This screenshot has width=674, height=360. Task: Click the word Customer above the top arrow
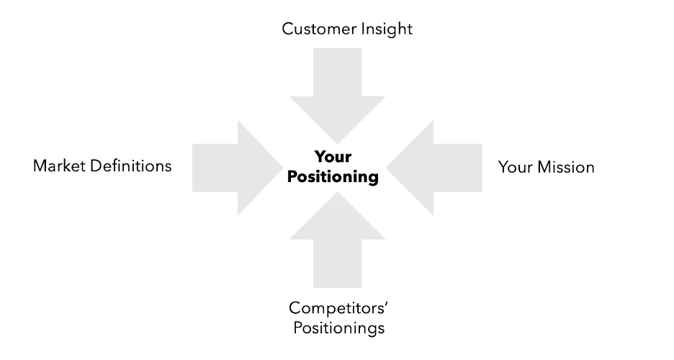(x=314, y=29)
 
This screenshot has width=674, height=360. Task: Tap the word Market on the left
(x=57, y=166)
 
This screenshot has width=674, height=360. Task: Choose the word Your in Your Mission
(x=514, y=168)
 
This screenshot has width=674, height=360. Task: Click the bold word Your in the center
(x=333, y=157)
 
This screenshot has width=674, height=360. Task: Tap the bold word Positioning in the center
(x=333, y=177)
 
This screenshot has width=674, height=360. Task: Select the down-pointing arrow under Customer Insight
(x=336, y=86)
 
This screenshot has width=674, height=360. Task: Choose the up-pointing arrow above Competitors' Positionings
(x=337, y=245)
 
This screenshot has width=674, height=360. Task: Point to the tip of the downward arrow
(x=336, y=141)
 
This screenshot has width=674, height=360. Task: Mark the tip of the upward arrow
(x=337, y=193)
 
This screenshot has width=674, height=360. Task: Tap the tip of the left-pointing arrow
(x=388, y=168)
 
